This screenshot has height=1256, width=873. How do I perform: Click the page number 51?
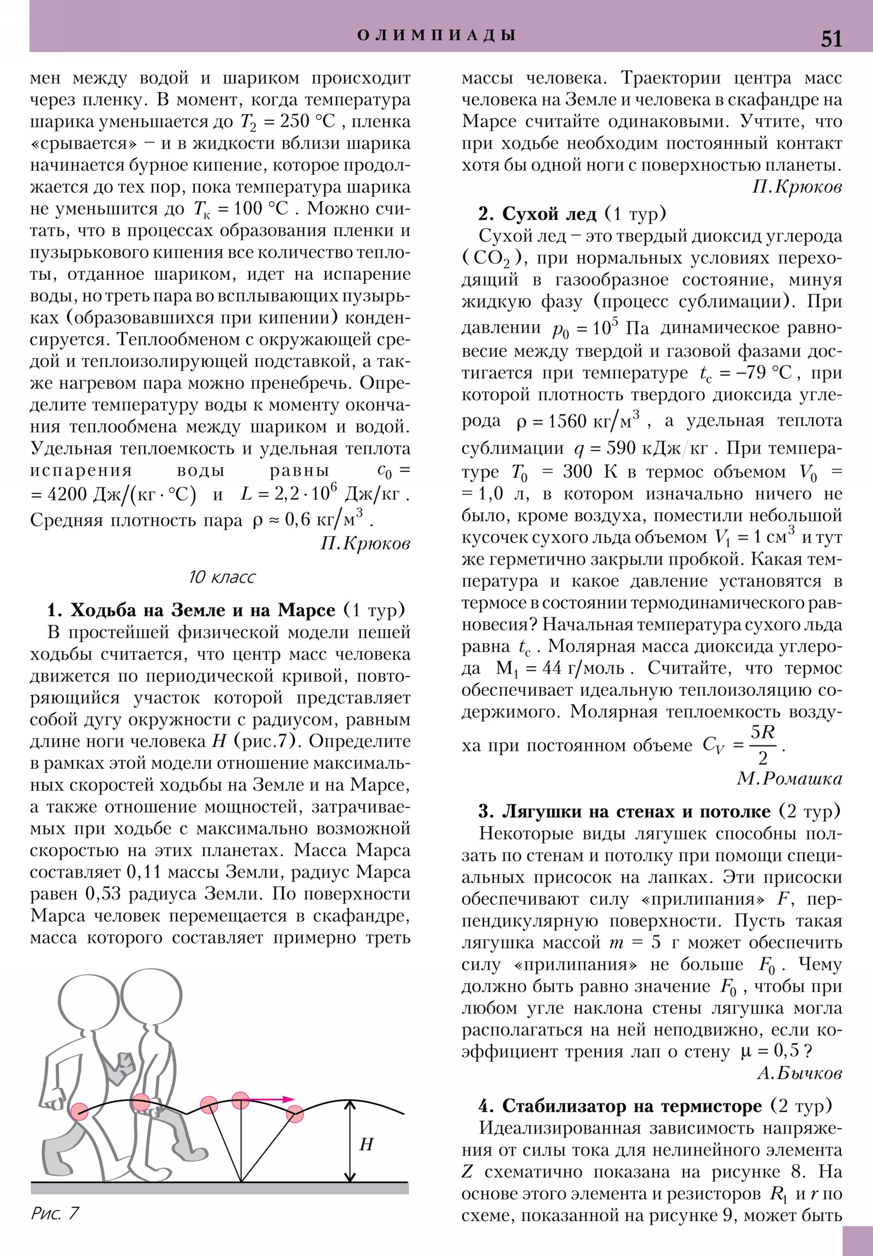coord(831,39)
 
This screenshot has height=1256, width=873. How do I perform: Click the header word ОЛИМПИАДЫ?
coord(436,35)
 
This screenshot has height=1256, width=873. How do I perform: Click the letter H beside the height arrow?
coord(366,1145)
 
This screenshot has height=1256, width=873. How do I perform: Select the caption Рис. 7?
coord(55,1213)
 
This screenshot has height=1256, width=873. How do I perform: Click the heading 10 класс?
coord(222,577)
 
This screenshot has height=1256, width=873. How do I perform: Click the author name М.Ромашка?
coord(789,778)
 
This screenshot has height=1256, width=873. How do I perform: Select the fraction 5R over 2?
coord(762,744)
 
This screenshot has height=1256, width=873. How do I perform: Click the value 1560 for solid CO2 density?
coord(567,420)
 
